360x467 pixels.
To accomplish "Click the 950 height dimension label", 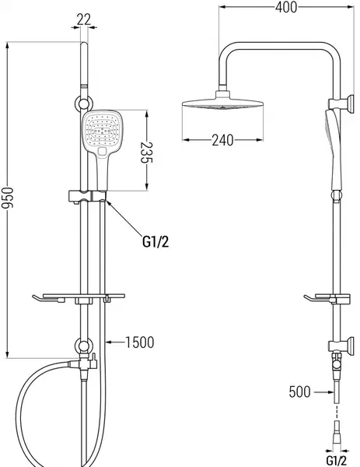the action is (x=7, y=198).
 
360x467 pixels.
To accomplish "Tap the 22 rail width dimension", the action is (x=84, y=19).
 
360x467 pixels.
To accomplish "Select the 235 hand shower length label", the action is (x=146, y=153).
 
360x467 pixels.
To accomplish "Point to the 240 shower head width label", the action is (x=222, y=140).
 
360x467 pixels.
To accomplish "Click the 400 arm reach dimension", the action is (x=286, y=7).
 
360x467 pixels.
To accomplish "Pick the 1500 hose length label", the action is (x=140, y=342).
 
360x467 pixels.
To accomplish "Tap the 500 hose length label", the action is (x=299, y=392).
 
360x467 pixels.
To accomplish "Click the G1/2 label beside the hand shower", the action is (x=156, y=241).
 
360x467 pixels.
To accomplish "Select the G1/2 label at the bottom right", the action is (x=337, y=460).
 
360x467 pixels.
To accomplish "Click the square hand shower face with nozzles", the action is (x=102, y=130).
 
